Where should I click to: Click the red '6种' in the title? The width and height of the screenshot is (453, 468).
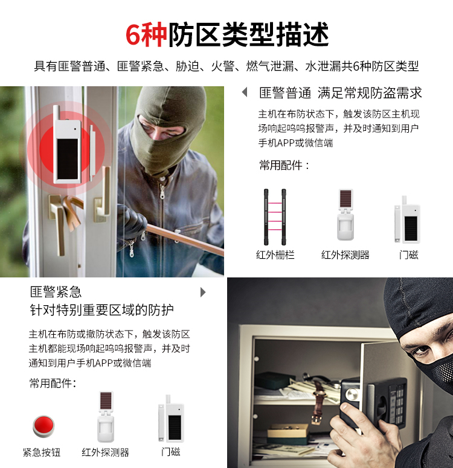tap(146, 34)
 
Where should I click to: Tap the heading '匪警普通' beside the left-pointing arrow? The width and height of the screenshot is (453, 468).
tap(285, 93)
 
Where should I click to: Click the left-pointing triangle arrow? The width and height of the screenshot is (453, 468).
tap(245, 92)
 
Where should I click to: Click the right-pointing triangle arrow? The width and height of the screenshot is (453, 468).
tap(203, 292)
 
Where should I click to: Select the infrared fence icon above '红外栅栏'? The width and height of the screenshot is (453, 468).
tap(275, 217)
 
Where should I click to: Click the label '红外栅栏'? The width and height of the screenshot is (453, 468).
tap(275, 255)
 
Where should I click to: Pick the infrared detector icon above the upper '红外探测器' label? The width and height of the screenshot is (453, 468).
tap(345, 215)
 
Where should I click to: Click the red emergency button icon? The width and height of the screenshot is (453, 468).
tap(43, 426)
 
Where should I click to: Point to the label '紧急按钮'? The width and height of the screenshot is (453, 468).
tap(42, 452)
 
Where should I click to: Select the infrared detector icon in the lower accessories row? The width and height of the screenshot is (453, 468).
tap(106, 417)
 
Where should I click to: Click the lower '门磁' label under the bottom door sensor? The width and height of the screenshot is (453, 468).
tap(171, 452)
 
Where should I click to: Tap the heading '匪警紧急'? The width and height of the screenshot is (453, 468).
tap(56, 292)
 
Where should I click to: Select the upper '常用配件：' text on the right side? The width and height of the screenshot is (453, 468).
tap(284, 165)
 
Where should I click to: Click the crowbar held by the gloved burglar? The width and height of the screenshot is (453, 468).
tap(185, 239)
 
